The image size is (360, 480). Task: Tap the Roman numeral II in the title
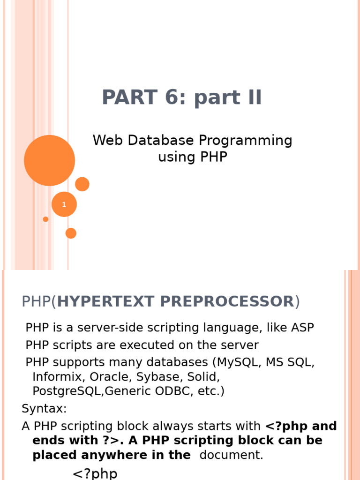pos(249,97)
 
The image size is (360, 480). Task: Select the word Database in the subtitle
pos(157,140)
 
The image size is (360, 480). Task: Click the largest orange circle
pos(49,160)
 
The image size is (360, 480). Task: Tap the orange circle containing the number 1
pos(64,204)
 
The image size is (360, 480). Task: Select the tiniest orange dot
pos(45,219)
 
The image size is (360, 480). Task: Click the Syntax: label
pos(45,408)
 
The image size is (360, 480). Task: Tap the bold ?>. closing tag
pos(103,441)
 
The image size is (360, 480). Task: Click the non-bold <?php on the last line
pos(95,473)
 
